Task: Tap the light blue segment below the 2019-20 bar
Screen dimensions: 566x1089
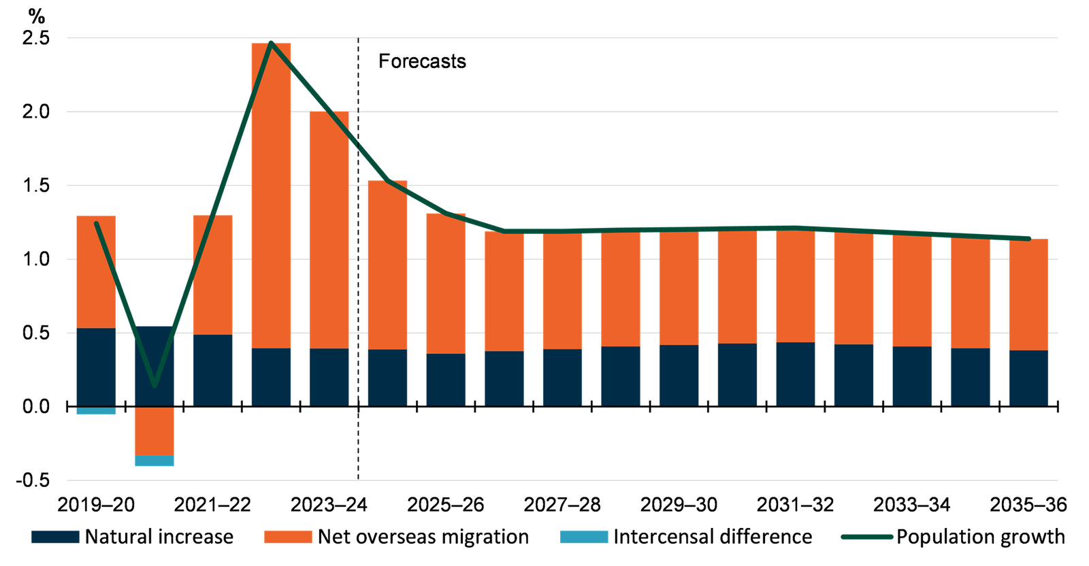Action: tap(96, 412)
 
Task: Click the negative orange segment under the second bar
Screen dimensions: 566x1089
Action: tap(155, 431)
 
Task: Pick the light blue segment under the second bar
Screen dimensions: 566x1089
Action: tap(155, 461)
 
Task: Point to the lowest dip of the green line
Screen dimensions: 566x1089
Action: tap(155, 385)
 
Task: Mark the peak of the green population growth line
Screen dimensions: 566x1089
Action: tap(272, 42)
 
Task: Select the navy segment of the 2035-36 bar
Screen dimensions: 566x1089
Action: tap(1028, 378)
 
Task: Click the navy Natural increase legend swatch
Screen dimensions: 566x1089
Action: tap(55, 537)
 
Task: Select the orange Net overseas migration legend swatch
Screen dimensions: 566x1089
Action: tap(288, 537)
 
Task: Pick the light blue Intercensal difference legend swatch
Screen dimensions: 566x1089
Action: tap(584, 537)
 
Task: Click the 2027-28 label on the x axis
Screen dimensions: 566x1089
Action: tap(562, 505)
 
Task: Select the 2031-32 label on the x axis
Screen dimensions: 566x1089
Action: tap(795, 505)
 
